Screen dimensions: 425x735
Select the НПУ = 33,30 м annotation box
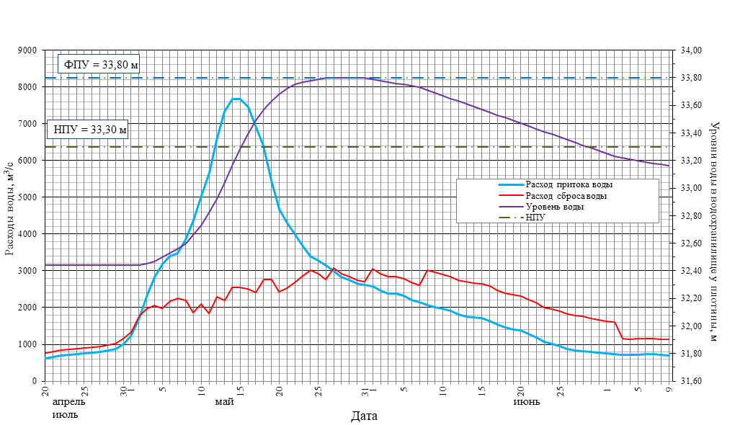coord(87,130)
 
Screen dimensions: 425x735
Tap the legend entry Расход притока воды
coord(569,184)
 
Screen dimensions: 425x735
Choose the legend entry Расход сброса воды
coord(566,195)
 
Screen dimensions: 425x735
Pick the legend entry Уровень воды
coord(554,206)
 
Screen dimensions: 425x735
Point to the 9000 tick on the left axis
coord(28,50)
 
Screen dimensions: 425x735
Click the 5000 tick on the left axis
coord(28,197)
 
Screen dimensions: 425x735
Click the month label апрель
coord(69,401)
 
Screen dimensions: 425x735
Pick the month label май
coord(224,401)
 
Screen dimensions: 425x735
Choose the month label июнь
coord(526,401)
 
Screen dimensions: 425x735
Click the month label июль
coord(65,414)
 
